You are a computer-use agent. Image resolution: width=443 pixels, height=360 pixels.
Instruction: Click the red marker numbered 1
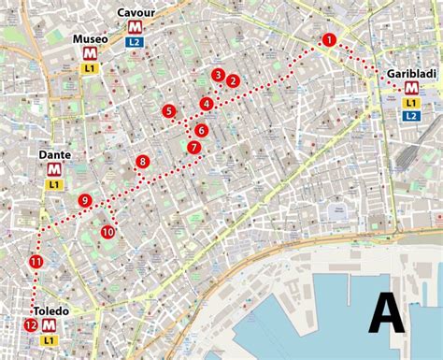pos(328,39)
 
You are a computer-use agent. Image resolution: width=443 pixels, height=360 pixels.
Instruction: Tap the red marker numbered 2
pos(234,81)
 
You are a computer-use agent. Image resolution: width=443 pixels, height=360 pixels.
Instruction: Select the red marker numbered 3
pos(218,75)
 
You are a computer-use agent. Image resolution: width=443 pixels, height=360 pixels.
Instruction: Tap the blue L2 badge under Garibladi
pos(411,115)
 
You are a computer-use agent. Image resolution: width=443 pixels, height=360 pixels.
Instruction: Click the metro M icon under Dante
pos(55,169)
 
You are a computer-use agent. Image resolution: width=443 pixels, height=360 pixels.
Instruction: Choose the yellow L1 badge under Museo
pos(90,68)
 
